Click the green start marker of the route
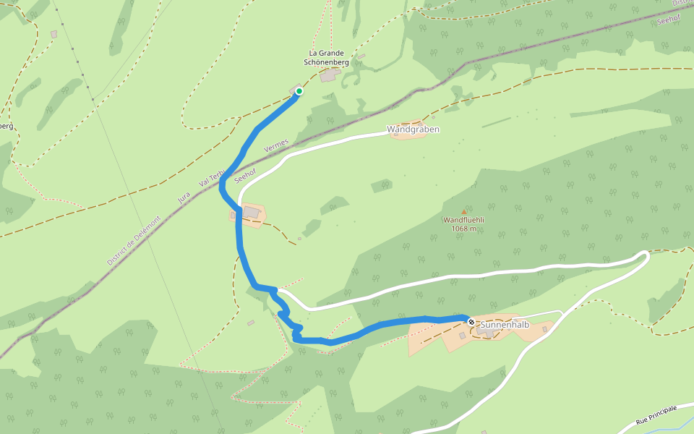click(x=299, y=91)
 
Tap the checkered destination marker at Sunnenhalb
click(x=471, y=321)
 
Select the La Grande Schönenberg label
click(x=327, y=58)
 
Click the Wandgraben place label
click(x=413, y=129)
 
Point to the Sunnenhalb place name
click(x=505, y=325)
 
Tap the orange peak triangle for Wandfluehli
click(x=463, y=211)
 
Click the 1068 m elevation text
click(x=463, y=229)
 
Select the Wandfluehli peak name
click(x=463, y=220)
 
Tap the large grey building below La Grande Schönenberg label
click(x=330, y=75)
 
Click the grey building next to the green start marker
click(x=294, y=90)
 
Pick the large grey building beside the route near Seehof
click(x=252, y=212)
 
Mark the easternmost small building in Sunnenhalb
click(x=545, y=329)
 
